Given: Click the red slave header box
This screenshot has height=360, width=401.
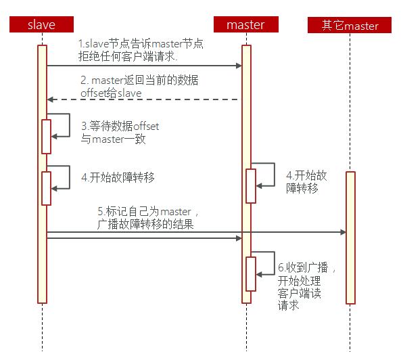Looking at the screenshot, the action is pos(41,24).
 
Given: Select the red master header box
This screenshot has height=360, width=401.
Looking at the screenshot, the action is pos(246,24).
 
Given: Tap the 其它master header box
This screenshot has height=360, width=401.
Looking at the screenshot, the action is pos(350,25).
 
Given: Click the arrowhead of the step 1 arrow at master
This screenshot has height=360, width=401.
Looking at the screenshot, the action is pos(239,66).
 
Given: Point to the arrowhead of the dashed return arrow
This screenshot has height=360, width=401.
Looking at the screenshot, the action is pos(51,99).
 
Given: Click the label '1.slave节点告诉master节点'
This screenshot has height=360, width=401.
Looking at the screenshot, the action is pos(141,44).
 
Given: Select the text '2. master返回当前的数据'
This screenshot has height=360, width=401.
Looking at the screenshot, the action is pos(139,81).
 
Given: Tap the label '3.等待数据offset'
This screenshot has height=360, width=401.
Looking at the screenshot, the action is pos(120,126).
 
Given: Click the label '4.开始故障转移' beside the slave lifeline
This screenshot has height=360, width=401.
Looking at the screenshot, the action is pos(118,177).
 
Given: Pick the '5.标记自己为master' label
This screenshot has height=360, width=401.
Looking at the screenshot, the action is pos(144,212).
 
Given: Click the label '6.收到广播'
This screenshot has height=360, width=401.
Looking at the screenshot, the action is pos(303,267).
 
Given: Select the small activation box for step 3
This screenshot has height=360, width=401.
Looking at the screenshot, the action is pos(46,137).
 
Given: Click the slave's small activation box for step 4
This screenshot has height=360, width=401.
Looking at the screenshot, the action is pos(46,188).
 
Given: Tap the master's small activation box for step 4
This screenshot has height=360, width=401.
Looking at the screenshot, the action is pos(251,186).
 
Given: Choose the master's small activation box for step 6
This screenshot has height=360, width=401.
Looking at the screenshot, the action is pos(251,274).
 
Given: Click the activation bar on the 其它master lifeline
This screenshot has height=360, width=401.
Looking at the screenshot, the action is pos(350,238).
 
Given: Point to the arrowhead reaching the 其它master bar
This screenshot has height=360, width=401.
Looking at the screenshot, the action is pos(343,232).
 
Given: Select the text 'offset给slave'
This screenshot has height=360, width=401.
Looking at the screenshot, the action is pos(111,93).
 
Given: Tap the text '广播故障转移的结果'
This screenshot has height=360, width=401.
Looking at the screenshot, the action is pos(145,224).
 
